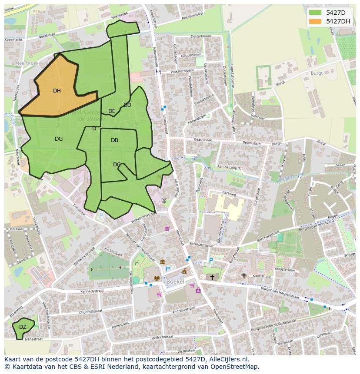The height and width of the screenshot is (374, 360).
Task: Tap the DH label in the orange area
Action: point(57,91)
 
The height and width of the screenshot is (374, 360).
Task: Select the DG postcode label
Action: point(59,139)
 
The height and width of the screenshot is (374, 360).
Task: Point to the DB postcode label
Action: point(114,140)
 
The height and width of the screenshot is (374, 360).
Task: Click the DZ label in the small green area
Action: point(23,327)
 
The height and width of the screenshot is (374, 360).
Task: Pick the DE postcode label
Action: point(112,111)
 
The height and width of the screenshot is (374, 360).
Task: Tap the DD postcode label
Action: point(127,105)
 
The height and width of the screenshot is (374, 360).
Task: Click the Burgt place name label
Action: point(317,73)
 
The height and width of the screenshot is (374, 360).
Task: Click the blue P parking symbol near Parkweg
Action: point(211,260)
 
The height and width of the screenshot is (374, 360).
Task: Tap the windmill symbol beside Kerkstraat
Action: point(164,200)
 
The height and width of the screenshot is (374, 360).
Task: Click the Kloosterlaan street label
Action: point(285,270)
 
